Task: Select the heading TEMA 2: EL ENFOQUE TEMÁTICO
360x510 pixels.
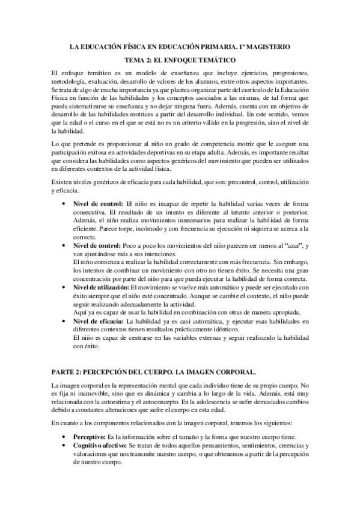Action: coord(180,60)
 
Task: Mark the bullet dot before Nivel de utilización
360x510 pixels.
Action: coord(64,289)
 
